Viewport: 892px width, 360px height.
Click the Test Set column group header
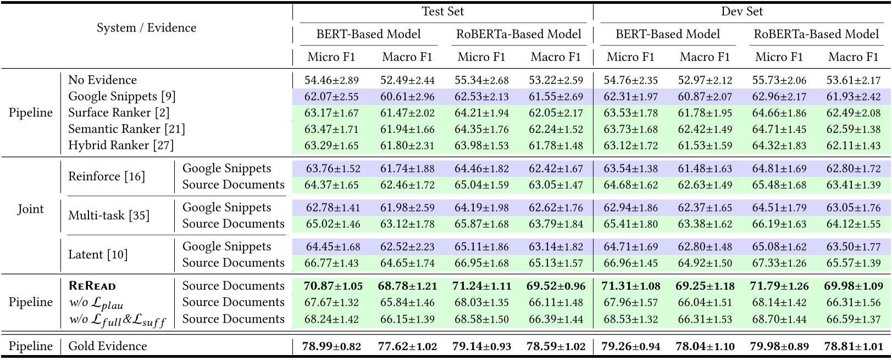tap(442, 11)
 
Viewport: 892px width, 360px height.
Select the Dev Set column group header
tap(741, 11)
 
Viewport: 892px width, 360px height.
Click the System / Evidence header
tap(146, 27)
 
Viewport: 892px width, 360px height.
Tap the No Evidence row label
tap(102, 80)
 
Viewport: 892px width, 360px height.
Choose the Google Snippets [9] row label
tap(121, 97)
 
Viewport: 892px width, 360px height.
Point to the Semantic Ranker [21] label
tap(126, 129)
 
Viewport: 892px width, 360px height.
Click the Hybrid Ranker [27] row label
tap(120, 146)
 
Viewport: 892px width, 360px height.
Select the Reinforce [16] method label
tap(106, 176)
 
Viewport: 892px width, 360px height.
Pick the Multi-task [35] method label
tap(108, 215)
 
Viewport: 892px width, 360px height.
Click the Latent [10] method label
tap(97, 254)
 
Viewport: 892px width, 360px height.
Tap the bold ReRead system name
tap(92, 286)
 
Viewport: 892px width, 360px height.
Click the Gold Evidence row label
tap(107, 346)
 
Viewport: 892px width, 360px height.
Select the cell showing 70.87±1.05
tap(331, 286)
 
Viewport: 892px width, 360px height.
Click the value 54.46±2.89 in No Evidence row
tap(331, 80)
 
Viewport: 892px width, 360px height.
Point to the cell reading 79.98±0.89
tap(779, 346)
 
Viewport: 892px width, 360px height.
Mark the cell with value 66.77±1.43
tap(331, 263)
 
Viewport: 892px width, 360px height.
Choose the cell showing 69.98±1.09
tap(854, 286)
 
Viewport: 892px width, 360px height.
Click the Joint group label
tap(30, 209)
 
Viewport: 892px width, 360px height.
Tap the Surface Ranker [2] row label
tap(118, 113)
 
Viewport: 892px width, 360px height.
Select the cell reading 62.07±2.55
tap(331, 97)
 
